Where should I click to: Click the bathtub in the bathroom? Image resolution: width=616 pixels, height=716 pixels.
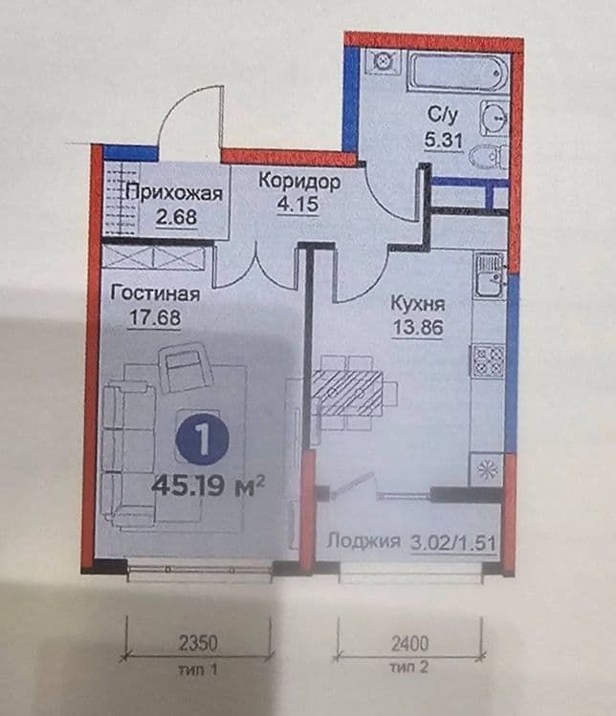(x=458, y=73)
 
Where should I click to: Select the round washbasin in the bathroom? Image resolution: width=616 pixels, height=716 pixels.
(x=494, y=119)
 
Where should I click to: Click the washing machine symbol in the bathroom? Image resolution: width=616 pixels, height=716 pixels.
(x=383, y=61)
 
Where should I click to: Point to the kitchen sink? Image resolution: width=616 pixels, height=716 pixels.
(x=490, y=276)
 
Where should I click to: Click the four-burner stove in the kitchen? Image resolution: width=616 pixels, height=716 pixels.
(x=489, y=360)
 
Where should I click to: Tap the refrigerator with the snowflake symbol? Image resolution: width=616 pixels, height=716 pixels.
(x=487, y=469)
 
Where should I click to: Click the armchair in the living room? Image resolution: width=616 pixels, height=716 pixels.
(x=185, y=368)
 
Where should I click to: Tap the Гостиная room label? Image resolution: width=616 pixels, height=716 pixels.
(x=155, y=293)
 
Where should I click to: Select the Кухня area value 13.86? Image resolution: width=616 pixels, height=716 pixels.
(x=418, y=327)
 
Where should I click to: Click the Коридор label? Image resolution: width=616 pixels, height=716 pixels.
(x=299, y=182)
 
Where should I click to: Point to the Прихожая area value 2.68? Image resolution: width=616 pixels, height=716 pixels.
(x=176, y=217)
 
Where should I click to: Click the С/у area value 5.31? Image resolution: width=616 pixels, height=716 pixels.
(x=443, y=140)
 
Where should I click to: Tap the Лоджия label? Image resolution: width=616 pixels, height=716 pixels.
(x=363, y=542)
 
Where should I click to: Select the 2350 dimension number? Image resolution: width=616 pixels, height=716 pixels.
(x=198, y=644)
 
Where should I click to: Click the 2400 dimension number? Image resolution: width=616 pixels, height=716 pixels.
(x=409, y=644)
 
